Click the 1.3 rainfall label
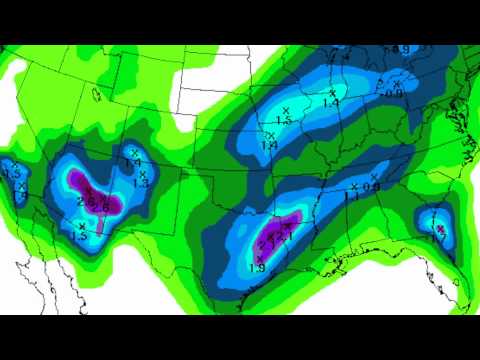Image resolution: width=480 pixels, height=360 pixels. coord(141,183)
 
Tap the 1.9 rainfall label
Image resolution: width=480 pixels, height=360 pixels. coord(257,268)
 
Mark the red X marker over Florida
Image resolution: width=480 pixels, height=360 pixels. coord(440,229)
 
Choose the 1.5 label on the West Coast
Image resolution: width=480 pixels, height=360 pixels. coord(14,173)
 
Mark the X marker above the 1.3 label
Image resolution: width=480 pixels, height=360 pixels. coord(139,173)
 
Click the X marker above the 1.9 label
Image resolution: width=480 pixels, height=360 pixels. coord(258,258)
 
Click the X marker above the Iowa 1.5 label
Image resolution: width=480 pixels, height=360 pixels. coord(285,109)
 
